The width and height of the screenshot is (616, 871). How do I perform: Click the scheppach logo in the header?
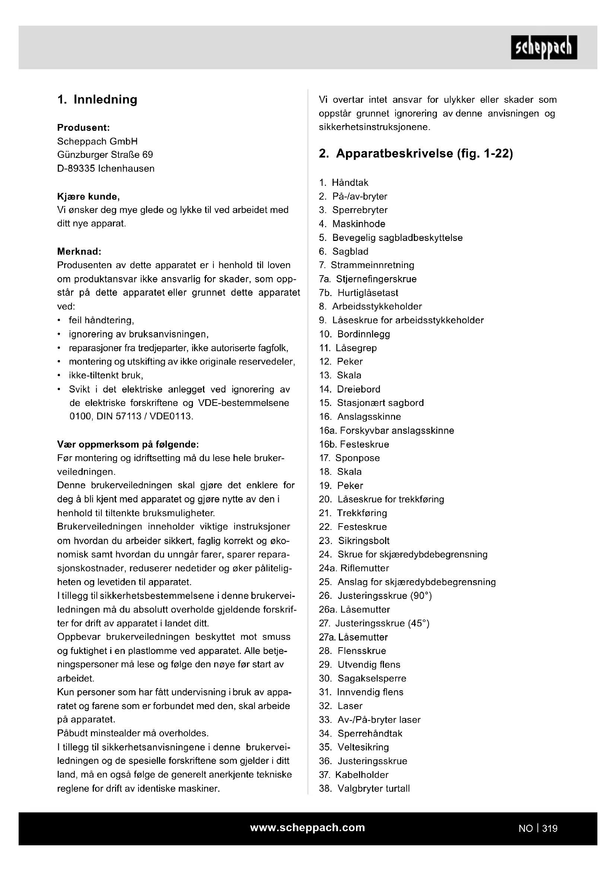[543, 47]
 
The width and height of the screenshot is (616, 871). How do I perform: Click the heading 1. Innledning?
[97, 99]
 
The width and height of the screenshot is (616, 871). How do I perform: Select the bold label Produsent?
[83, 127]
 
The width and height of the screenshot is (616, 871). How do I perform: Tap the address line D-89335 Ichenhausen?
[106, 168]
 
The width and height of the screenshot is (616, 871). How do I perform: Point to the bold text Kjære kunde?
[88, 197]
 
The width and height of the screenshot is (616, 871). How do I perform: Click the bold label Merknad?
[79, 251]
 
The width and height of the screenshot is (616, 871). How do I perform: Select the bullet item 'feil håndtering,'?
[101, 320]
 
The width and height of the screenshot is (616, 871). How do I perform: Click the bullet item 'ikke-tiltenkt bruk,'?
[106, 375]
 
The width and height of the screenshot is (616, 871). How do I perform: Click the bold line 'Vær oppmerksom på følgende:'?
[128, 444]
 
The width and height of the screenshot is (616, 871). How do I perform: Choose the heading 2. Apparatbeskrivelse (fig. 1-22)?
[416, 153]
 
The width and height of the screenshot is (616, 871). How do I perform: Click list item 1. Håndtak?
[344, 182]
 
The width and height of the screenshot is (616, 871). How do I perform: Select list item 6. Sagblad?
[344, 251]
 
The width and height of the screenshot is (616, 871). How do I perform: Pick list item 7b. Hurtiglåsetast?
[358, 292]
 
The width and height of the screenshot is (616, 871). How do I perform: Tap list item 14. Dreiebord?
[349, 389]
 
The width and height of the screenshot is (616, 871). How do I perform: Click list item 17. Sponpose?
[349, 458]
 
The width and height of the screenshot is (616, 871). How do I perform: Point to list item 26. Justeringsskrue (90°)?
[375, 595]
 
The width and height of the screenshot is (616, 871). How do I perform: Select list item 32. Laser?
[341, 706]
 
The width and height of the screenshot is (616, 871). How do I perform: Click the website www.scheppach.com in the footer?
[307, 827]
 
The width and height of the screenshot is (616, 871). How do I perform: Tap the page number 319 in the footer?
[550, 828]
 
